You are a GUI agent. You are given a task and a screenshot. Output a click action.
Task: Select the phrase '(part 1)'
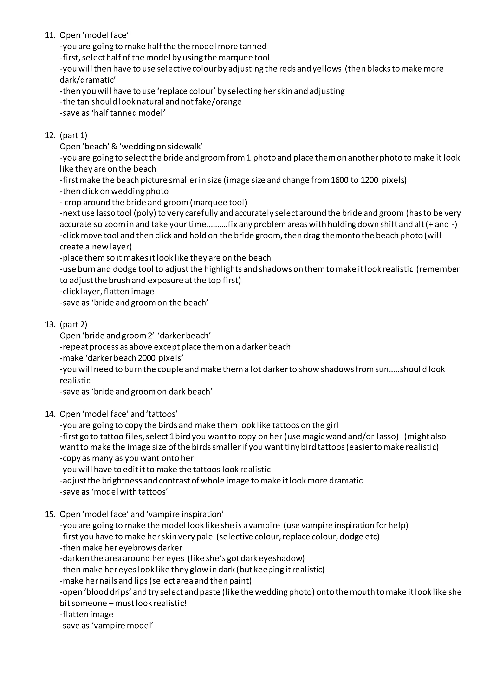tap(73, 135)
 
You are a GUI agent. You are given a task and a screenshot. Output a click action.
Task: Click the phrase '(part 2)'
tap(73, 324)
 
